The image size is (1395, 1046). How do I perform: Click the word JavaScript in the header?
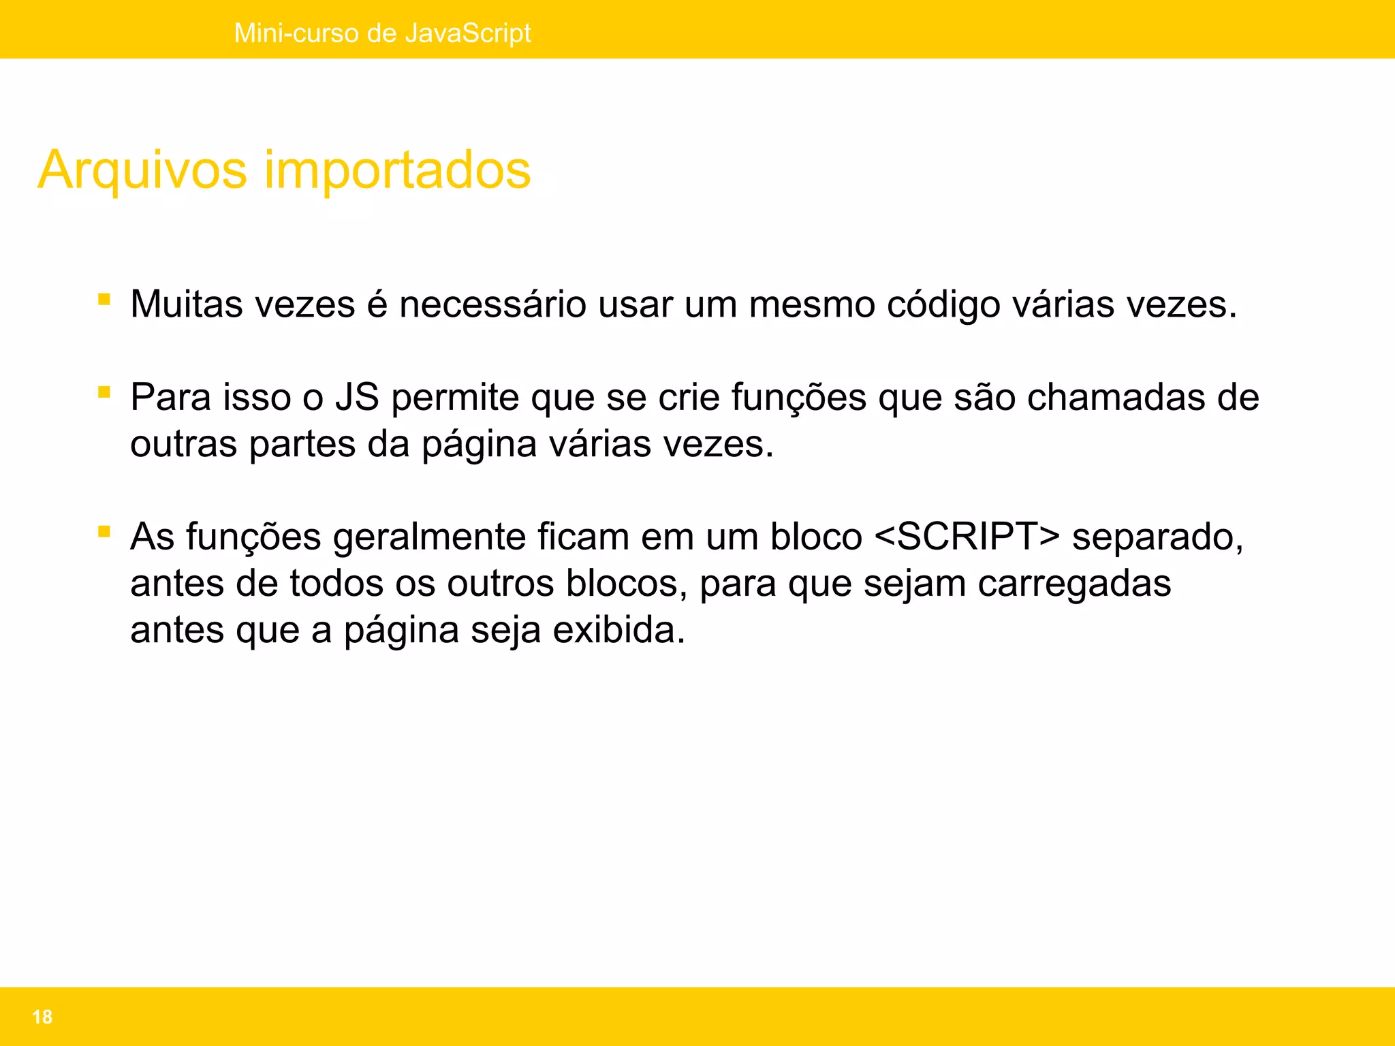tap(468, 33)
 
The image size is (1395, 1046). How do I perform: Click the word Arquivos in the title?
tap(142, 170)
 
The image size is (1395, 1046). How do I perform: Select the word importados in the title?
tap(397, 170)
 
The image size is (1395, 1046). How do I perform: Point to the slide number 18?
tap(42, 1017)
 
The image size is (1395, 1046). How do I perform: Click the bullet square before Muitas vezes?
tap(104, 299)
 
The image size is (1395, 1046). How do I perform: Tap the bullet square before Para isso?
tap(104, 392)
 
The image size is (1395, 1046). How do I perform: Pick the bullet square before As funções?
tap(104, 532)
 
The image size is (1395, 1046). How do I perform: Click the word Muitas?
tap(186, 304)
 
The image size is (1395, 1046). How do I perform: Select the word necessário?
tap(492, 304)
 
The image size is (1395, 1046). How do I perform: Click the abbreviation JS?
tap(357, 397)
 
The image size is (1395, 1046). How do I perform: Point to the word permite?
tap(455, 397)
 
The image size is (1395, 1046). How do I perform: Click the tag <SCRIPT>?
tap(967, 537)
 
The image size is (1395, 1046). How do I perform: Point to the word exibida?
tap(618, 630)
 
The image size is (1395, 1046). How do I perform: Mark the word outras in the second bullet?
tap(183, 444)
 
